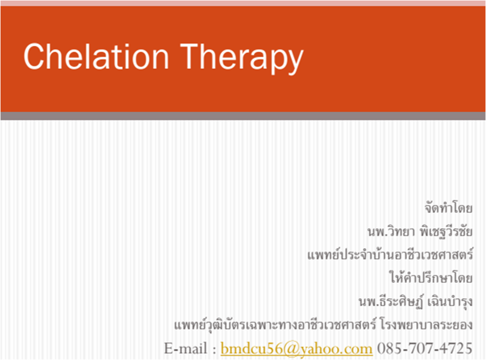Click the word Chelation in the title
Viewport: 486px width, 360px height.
(x=96, y=56)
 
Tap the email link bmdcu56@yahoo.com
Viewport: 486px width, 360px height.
(x=297, y=349)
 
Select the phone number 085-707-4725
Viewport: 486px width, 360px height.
(x=425, y=348)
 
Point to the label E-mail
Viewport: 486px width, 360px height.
(x=185, y=348)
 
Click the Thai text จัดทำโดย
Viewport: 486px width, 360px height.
(x=449, y=208)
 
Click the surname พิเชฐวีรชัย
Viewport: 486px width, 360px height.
(x=446, y=231)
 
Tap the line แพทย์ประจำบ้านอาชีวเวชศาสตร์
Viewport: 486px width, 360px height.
(x=390, y=255)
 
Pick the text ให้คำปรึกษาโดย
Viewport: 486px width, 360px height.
(x=431, y=277)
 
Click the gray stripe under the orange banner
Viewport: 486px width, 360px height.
(x=243, y=116)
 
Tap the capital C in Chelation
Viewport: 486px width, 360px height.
(x=33, y=56)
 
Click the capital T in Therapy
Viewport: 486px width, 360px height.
(x=189, y=56)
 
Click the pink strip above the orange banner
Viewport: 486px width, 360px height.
(x=243, y=3)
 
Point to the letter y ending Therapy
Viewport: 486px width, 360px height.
(x=295, y=62)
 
